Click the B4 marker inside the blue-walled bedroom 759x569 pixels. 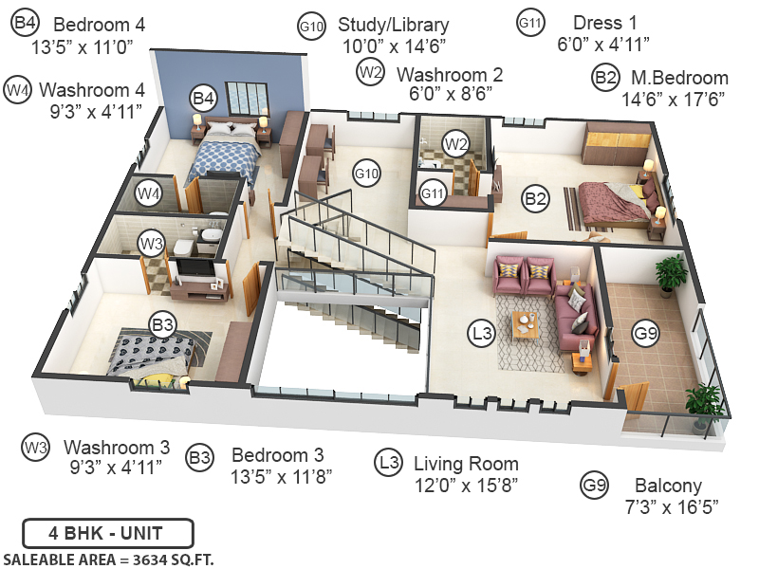203,97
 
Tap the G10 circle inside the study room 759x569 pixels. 366,174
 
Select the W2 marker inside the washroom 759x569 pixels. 457,144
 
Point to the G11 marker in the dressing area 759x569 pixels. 434,194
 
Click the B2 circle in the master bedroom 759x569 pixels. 536,199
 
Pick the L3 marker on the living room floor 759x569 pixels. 483,333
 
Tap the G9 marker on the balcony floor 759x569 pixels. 646,333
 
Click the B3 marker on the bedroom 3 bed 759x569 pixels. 164,325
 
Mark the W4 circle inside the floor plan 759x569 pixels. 148,194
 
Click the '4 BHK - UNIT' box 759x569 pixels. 107,532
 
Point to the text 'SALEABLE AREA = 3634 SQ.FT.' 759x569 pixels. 109,559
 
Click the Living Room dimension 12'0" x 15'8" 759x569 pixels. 465,486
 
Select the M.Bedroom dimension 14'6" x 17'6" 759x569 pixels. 674,100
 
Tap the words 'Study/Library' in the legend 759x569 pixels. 395,25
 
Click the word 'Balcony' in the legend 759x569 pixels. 668,486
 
